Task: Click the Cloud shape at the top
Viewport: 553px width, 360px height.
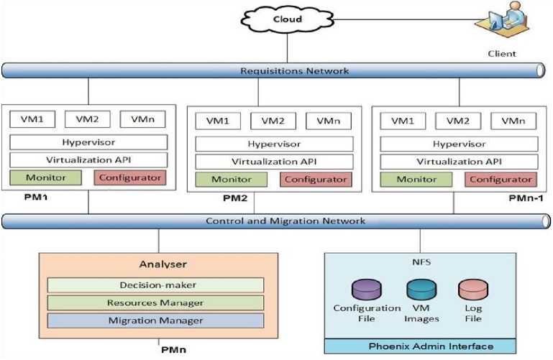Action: coord(287,19)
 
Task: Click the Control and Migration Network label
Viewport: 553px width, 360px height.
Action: coord(285,221)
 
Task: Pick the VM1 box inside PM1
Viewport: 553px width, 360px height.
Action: coord(34,119)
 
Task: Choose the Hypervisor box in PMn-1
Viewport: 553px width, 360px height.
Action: coord(458,143)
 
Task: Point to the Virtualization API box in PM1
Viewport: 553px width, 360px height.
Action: coord(88,160)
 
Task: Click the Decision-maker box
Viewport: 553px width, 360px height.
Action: coord(155,285)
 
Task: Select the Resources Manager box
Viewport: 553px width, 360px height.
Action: coord(155,303)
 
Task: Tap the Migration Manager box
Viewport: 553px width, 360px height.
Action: coord(155,320)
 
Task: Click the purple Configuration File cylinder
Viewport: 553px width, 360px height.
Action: coord(366,290)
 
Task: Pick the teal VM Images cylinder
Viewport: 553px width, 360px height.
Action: coord(419,290)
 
